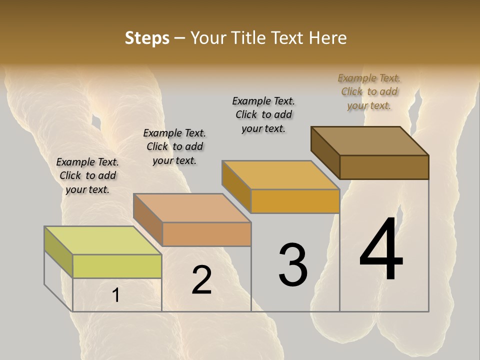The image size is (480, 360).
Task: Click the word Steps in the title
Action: tap(147, 38)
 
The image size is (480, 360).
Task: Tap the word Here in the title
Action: tap(327, 38)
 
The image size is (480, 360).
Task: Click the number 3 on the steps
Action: tap(293, 264)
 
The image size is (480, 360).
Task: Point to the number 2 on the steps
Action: tap(201, 280)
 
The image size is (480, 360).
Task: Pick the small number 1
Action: tap(116, 295)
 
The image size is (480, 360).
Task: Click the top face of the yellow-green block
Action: tap(102, 240)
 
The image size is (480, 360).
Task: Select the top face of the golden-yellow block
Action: tap(280, 175)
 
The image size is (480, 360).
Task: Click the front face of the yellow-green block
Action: tap(117, 266)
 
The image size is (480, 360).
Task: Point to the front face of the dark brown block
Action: tap(384, 167)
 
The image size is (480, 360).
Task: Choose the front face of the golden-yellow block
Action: tap(295, 201)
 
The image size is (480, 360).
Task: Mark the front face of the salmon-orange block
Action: tap(206, 234)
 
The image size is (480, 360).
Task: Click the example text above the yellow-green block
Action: tap(87, 175)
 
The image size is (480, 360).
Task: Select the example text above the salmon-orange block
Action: tap(174, 146)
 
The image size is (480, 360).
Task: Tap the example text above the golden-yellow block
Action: tap(263, 114)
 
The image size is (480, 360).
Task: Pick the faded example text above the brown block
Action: tap(369, 91)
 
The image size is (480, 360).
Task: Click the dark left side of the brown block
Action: tap(325, 152)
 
